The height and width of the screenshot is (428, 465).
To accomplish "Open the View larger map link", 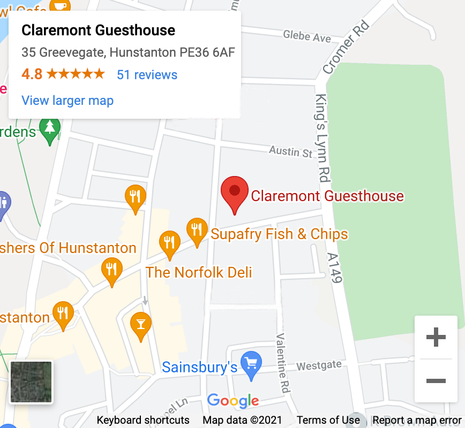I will [67, 101].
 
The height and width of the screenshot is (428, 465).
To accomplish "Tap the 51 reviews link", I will [147, 74].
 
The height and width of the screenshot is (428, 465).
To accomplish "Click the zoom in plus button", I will [436, 337].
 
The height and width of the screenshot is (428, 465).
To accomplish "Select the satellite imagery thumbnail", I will [32, 382].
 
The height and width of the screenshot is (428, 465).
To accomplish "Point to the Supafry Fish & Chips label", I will [279, 234].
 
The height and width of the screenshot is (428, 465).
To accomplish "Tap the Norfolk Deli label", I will [199, 272].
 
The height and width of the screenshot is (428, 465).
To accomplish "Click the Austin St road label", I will [290, 152].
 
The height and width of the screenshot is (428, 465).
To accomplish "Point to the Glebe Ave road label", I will [307, 36].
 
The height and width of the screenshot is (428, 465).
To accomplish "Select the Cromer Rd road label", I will [346, 48].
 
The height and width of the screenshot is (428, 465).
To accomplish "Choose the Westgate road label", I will [319, 365].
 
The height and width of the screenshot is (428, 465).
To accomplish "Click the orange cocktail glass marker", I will [141, 325].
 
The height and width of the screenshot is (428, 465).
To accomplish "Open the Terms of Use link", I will [328, 420].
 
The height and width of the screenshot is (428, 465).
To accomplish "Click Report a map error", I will [417, 420].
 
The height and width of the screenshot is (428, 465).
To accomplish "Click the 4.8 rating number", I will [32, 74].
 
